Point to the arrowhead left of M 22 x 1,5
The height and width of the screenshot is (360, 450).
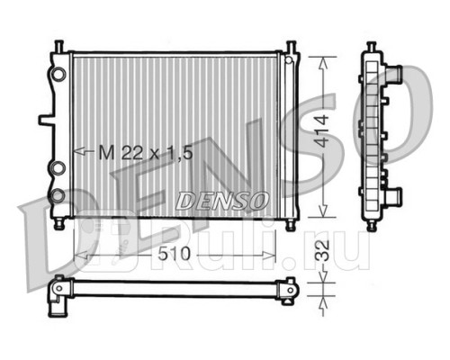[x=76, y=151]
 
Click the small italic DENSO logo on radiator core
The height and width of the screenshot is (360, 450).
[x=222, y=197]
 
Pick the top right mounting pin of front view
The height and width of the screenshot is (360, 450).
[x=292, y=44]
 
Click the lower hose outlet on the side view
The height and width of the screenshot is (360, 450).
[x=392, y=193]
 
